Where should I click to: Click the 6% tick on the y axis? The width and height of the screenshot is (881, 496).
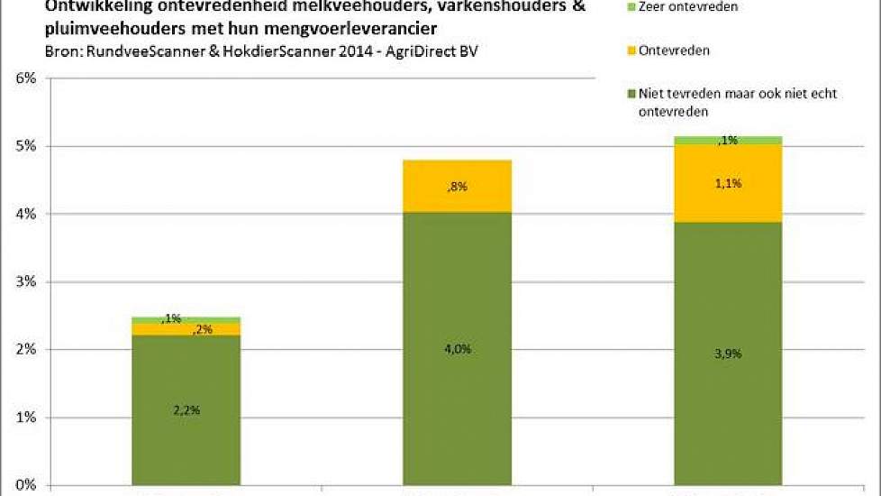click(24, 78)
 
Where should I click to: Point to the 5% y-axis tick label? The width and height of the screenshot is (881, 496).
click(24, 146)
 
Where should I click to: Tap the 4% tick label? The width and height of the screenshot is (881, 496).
click(24, 214)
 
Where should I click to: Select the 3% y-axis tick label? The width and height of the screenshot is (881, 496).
click(24, 281)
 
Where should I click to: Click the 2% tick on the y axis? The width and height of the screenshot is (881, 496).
click(24, 349)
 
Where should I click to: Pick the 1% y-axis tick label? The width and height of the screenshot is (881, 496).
click(24, 418)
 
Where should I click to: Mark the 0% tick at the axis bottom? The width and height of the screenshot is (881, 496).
click(24, 485)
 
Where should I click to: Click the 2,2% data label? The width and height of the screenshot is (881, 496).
click(186, 409)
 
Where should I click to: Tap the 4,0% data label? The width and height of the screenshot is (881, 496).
click(457, 349)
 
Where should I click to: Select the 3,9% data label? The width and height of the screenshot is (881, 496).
click(727, 354)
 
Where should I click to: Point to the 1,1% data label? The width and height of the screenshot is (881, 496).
click(727, 183)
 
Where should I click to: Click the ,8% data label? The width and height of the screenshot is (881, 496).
click(457, 187)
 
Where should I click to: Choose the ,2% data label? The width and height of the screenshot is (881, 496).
click(203, 329)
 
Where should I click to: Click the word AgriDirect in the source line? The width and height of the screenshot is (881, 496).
click(416, 51)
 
